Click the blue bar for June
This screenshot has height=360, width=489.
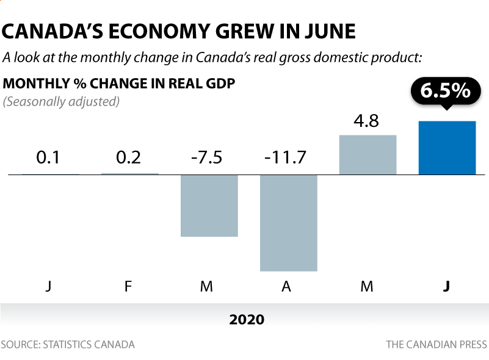[x=447, y=148]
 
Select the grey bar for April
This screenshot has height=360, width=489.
[x=288, y=223]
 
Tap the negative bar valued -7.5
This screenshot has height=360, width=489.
[x=209, y=205]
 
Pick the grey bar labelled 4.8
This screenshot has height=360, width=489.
[x=368, y=154]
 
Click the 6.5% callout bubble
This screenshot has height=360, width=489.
[x=446, y=91]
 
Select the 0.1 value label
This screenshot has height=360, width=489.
[x=48, y=157]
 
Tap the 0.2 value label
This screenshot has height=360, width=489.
[x=129, y=157]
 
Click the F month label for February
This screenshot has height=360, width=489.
[x=128, y=286]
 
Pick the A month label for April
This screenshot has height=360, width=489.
[x=287, y=286]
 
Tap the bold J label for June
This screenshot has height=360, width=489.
[x=446, y=286]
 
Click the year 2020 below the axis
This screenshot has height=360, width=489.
[x=247, y=320]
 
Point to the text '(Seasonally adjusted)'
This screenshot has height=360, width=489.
[x=61, y=101]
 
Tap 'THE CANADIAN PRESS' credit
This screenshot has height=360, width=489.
[x=436, y=345]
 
